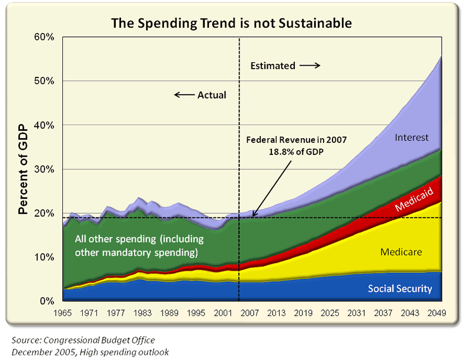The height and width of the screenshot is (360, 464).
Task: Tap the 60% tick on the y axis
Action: coord(45,37)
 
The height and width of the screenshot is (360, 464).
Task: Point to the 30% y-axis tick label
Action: coord(45,169)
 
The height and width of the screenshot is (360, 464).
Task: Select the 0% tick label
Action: coord(48,301)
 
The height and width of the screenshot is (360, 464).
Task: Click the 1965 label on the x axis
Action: coord(63,312)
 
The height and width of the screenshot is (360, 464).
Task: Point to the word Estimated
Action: coord(273,66)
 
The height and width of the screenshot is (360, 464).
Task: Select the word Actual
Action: coord(211,95)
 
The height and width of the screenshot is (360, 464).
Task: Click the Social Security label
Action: coord(400,288)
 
